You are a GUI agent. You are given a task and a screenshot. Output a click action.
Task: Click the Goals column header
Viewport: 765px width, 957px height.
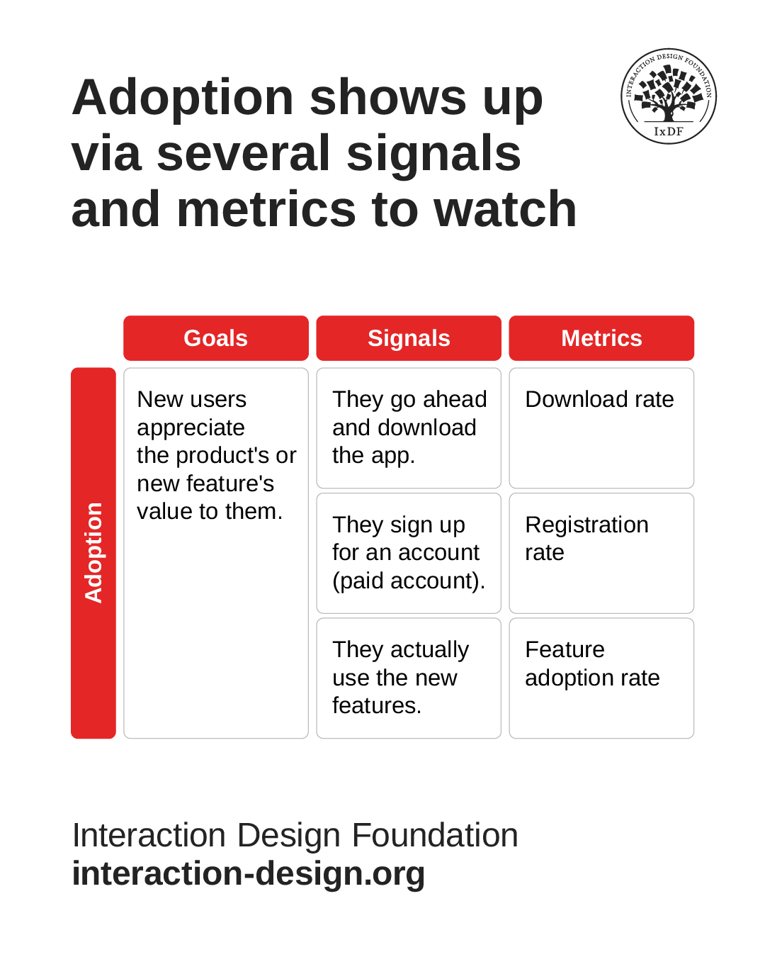(x=216, y=338)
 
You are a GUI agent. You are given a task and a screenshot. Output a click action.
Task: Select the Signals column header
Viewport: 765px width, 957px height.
(x=409, y=338)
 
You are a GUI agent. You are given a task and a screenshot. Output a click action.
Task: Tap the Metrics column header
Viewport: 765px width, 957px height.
(x=601, y=338)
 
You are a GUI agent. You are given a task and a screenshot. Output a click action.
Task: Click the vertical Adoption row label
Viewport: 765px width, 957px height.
(x=93, y=553)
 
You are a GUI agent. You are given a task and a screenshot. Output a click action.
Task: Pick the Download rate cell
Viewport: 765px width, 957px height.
(x=601, y=427)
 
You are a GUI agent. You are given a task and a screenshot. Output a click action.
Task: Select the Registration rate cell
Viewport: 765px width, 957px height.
(x=601, y=553)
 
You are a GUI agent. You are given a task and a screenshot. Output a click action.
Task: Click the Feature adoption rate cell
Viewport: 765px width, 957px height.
(x=601, y=678)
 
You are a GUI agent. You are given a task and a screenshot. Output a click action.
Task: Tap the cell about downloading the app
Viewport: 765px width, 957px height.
(x=409, y=427)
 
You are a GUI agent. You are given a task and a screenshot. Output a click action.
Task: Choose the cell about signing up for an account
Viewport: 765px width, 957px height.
(x=409, y=553)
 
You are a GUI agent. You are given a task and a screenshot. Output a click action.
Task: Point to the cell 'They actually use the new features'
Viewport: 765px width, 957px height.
(x=409, y=678)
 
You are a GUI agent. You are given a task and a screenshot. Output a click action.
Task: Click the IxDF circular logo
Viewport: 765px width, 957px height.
(x=669, y=96)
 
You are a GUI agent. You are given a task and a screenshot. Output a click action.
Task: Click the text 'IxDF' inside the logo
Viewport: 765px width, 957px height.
(x=669, y=131)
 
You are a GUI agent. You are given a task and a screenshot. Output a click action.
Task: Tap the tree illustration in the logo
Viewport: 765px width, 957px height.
(x=668, y=92)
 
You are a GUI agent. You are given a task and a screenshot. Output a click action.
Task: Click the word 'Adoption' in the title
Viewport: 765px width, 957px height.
(x=183, y=98)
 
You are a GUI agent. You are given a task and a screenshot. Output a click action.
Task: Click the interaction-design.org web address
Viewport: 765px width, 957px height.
(x=249, y=873)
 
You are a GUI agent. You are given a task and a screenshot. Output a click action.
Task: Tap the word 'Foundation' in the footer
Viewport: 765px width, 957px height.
(x=435, y=835)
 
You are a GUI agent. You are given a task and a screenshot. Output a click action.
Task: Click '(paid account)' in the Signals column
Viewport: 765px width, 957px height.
(x=409, y=581)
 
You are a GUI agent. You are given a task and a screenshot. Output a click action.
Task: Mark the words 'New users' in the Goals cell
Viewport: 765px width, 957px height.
(x=192, y=399)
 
